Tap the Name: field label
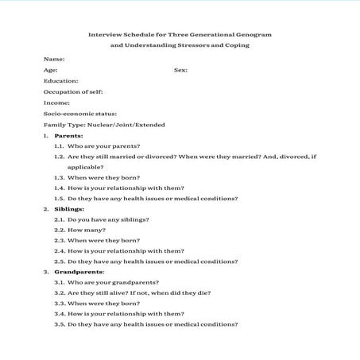(x=54, y=59)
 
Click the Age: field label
(x=51, y=70)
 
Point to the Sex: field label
(x=180, y=70)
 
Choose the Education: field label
(x=61, y=81)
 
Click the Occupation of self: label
(x=74, y=92)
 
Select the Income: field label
(x=57, y=103)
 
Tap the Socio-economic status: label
(x=78, y=114)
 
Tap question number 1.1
(x=59, y=146)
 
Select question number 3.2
(x=59, y=292)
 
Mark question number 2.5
(x=59, y=261)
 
